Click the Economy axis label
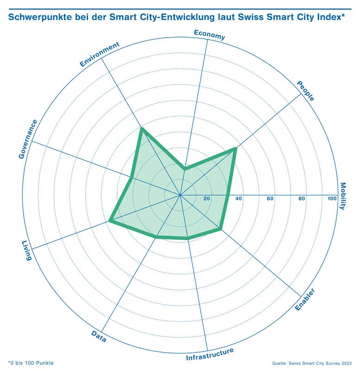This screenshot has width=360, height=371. pyautogui.click(x=209, y=35)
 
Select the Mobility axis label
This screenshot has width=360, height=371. pyautogui.click(x=343, y=196)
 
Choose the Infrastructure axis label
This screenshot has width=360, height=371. pyautogui.click(x=210, y=355)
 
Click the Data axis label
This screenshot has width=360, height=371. pyautogui.click(x=99, y=336)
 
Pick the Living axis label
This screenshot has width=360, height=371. pyautogui.click(x=26, y=250)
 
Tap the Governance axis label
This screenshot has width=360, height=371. pyautogui.click(x=28, y=139)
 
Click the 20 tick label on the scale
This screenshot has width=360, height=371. pyautogui.click(x=207, y=199)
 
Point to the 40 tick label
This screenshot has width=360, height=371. pyautogui.click(x=239, y=199)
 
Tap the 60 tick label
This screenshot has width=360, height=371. pyautogui.click(x=271, y=199)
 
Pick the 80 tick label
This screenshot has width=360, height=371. pyautogui.click(x=302, y=199)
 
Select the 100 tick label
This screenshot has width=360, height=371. pyautogui.click(x=332, y=199)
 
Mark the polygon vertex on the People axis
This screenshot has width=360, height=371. pyautogui.click(x=235, y=148)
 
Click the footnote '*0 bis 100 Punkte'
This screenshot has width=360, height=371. pyautogui.click(x=31, y=362)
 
